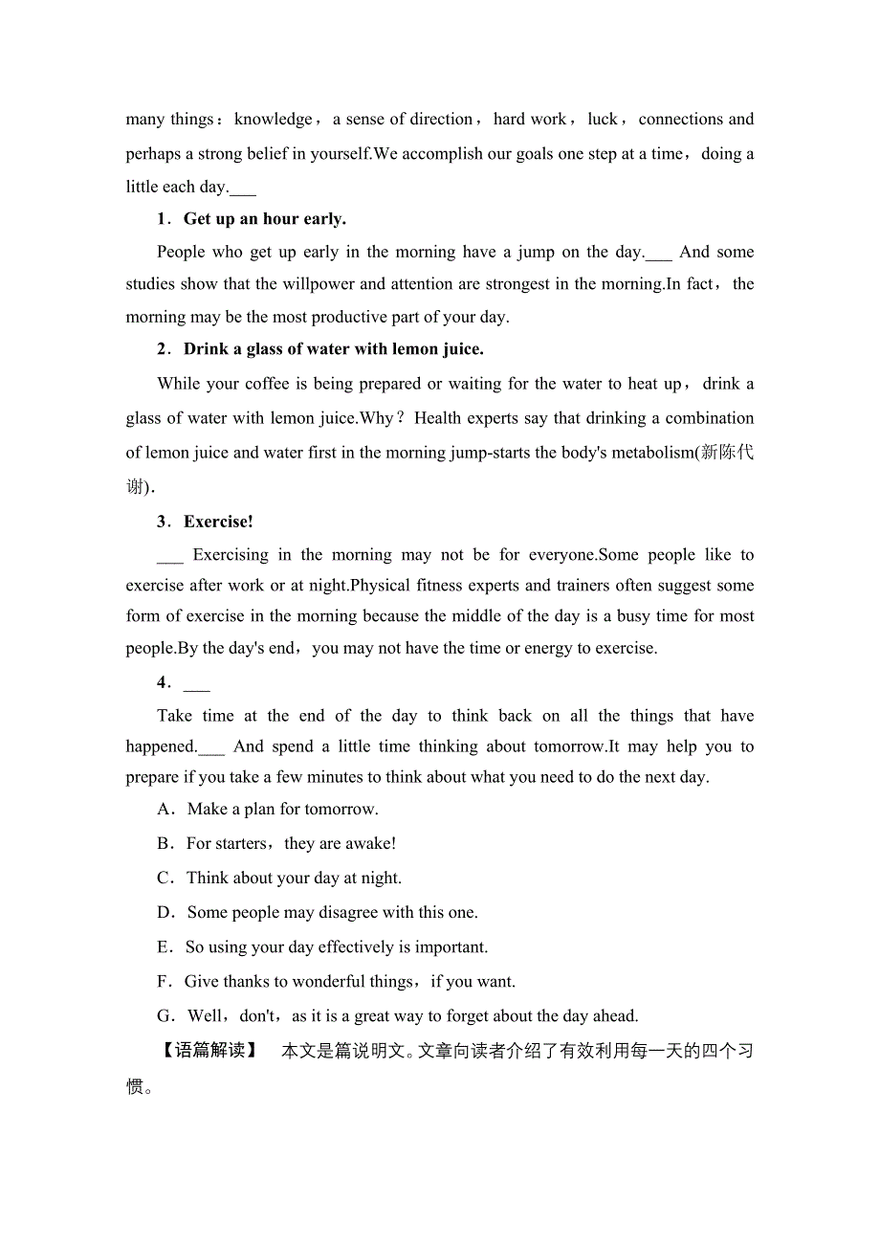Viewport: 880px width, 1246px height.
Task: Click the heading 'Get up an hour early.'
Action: [x=265, y=219]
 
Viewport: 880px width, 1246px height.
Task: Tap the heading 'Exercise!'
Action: [x=218, y=522]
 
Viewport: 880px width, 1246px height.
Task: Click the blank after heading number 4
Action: [x=196, y=683]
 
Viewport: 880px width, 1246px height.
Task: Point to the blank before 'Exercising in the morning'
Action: [x=169, y=556]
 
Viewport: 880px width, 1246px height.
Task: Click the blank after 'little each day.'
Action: [x=243, y=189]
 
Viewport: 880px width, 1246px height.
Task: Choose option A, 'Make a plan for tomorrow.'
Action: [x=282, y=810]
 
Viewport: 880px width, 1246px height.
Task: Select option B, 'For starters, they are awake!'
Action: [x=291, y=844]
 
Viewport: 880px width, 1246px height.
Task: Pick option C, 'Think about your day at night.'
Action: [x=294, y=879]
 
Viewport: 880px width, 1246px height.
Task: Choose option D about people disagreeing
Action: [x=332, y=913]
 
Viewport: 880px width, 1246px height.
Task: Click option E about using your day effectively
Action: [x=337, y=947]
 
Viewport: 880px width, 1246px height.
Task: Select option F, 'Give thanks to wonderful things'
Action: [x=349, y=982]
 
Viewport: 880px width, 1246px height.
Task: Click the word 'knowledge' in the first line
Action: [x=273, y=120]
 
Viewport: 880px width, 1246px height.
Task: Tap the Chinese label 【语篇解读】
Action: [x=209, y=1051]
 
